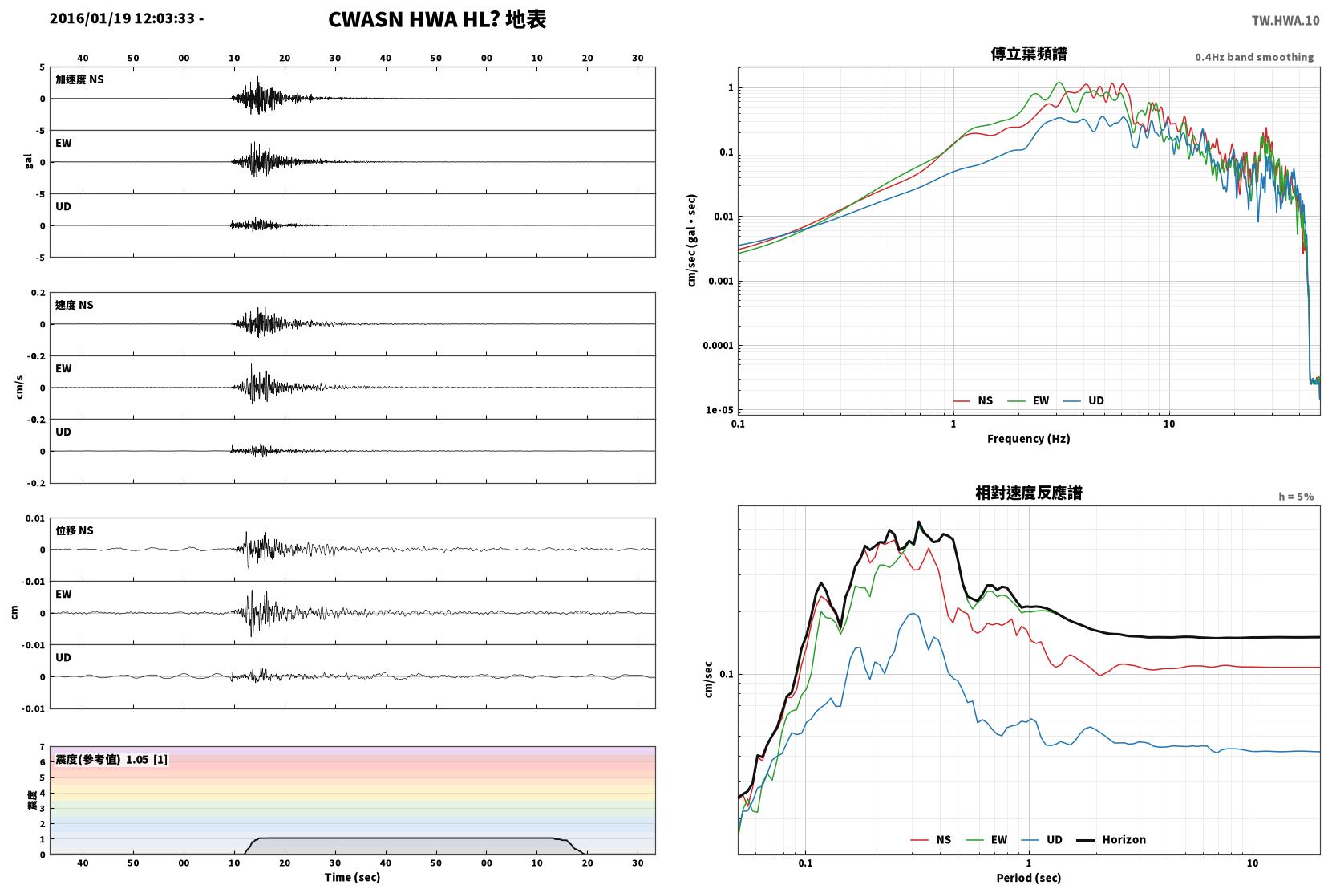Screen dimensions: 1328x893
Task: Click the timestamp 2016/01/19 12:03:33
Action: click(122, 18)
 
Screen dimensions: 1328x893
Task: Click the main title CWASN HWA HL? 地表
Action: click(437, 19)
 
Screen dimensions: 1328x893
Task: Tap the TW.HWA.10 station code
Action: click(1285, 21)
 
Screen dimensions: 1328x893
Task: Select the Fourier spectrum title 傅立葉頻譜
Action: click(1029, 54)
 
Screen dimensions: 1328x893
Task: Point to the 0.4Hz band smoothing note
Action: click(1254, 57)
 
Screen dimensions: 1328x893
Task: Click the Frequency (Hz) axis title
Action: click(1029, 439)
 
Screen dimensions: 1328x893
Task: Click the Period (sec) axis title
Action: click(1029, 878)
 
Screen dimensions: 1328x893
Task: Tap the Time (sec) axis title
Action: click(352, 877)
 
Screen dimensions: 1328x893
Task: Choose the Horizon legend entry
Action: click(1111, 839)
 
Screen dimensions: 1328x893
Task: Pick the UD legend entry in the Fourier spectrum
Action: click(1084, 401)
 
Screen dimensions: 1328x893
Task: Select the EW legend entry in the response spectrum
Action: click(987, 839)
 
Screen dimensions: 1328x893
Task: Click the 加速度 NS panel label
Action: click(79, 79)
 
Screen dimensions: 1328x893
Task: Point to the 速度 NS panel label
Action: click(74, 305)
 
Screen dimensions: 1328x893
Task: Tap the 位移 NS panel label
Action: click(74, 530)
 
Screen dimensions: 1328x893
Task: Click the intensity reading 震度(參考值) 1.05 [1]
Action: click(111, 760)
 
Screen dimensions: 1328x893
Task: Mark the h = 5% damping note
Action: click(1296, 497)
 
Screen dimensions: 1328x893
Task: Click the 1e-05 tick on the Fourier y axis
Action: click(719, 410)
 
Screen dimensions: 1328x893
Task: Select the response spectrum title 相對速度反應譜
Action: click(1029, 493)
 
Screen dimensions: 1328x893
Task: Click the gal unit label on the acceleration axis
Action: click(28, 161)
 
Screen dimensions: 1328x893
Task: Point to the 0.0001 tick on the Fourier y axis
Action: click(718, 346)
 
